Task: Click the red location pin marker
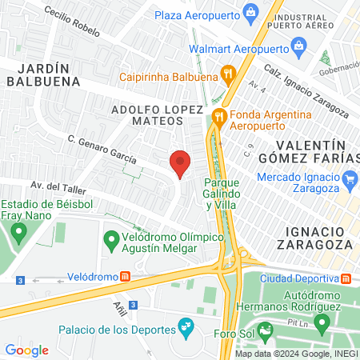coord(181,164)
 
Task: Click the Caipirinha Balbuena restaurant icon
coord(229,77)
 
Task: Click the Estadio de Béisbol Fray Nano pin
coord(18,233)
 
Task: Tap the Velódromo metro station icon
coord(126,277)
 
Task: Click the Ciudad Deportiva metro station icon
coord(346,279)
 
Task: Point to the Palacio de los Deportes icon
coord(186,326)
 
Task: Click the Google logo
coord(27,350)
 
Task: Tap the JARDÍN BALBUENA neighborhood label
coord(45,74)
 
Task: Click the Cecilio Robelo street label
coord(72,23)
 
